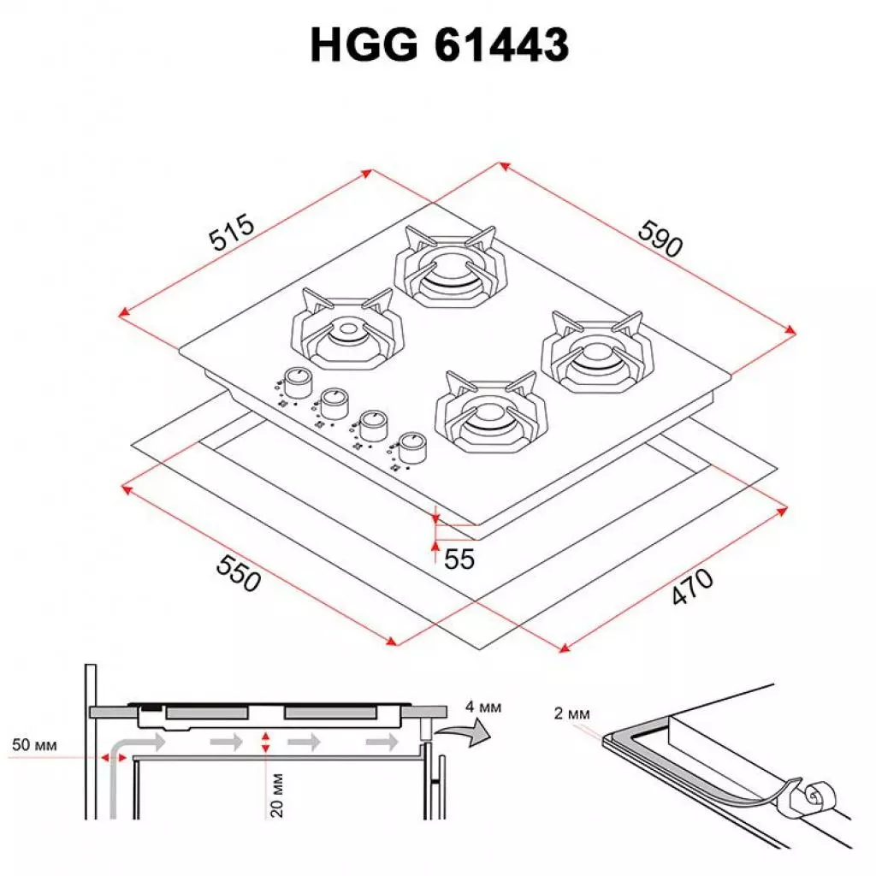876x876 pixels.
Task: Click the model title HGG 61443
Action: click(439, 44)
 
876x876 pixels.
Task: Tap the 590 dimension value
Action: click(660, 240)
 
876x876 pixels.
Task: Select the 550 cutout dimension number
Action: click(237, 573)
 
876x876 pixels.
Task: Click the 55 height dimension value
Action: click(459, 559)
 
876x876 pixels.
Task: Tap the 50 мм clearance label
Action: click(34, 745)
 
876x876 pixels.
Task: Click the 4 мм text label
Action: click(483, 707)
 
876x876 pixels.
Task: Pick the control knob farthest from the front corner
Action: click(296, 379)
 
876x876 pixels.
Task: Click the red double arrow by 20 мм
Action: click(266, 743)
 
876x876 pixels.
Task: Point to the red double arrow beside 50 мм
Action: click(109, 756)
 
